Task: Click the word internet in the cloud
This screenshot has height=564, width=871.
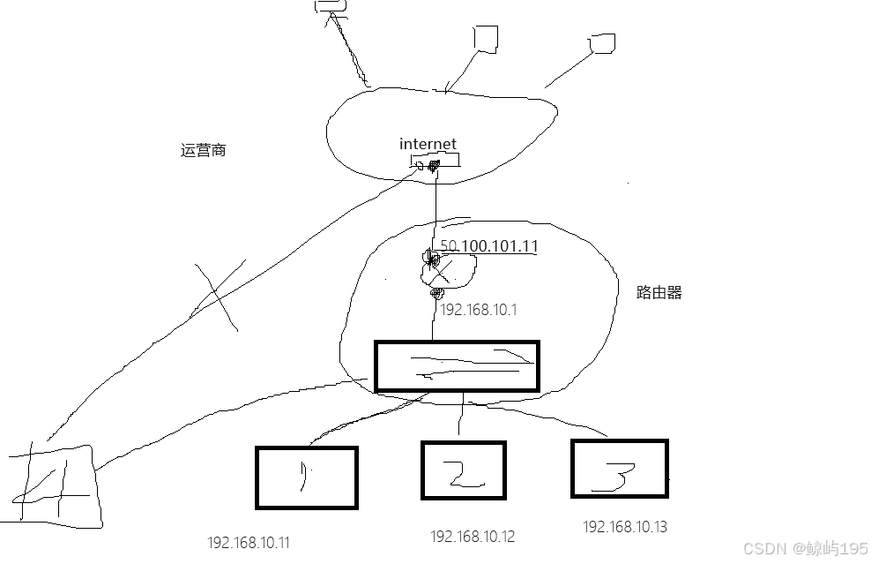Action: [428, 144]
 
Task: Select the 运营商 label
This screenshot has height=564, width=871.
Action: [203, 151]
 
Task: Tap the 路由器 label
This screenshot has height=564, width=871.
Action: [659, 293]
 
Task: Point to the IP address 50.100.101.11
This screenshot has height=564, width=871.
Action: [488, 247]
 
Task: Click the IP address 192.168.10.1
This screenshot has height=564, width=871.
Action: [478, 310]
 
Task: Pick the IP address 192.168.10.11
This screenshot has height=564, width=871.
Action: [248, 542]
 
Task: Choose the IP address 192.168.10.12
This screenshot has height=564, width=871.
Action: [472, 536]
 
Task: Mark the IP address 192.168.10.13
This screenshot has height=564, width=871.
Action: [624, 527]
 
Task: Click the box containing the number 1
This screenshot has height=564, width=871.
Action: [306, 478]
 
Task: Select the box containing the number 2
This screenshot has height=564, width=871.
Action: [463, 470]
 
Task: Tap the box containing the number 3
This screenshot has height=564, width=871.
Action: [619, 468]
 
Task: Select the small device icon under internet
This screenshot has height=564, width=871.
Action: [434, 164]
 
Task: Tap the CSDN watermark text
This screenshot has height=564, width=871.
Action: [800, 548]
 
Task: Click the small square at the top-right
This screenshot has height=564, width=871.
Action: [603, 43]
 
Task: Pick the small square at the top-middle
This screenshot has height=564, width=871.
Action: [485, 37]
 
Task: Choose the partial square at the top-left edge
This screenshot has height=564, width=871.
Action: [330, 5]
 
